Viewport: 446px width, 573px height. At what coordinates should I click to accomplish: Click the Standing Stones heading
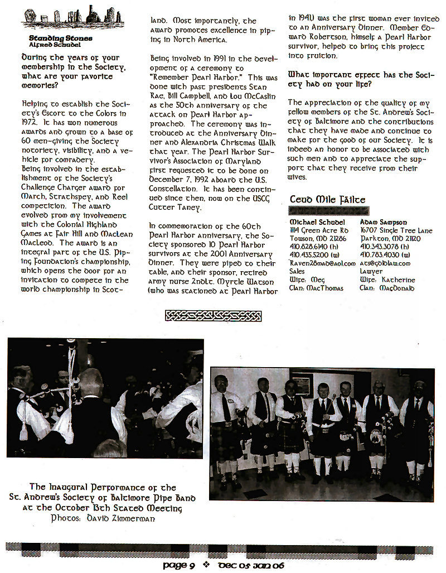[x=61, y=38]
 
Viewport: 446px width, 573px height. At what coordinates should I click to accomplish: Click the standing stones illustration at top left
[x=65, y=18]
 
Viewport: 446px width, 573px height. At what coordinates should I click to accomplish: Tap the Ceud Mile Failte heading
[x=328, y=200]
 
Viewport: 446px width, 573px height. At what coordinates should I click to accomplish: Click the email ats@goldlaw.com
[x=385, y=263]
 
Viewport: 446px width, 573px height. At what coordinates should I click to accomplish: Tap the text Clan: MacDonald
[x=387, y=288]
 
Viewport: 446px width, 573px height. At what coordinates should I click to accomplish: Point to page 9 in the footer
[x=178, y=565]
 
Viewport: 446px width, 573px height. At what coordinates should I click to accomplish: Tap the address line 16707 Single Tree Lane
[x=396, y=230]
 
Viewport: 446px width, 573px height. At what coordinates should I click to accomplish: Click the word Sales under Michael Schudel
[x=297, y=271]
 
